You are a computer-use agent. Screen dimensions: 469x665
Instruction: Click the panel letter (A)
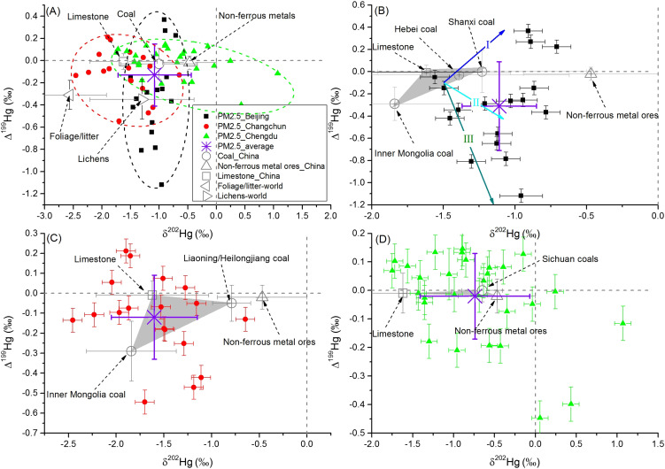pyautogui.click(x=52, y=12)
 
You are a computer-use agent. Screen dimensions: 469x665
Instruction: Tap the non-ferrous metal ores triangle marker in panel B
pyautogui.click(x=591, y=73)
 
